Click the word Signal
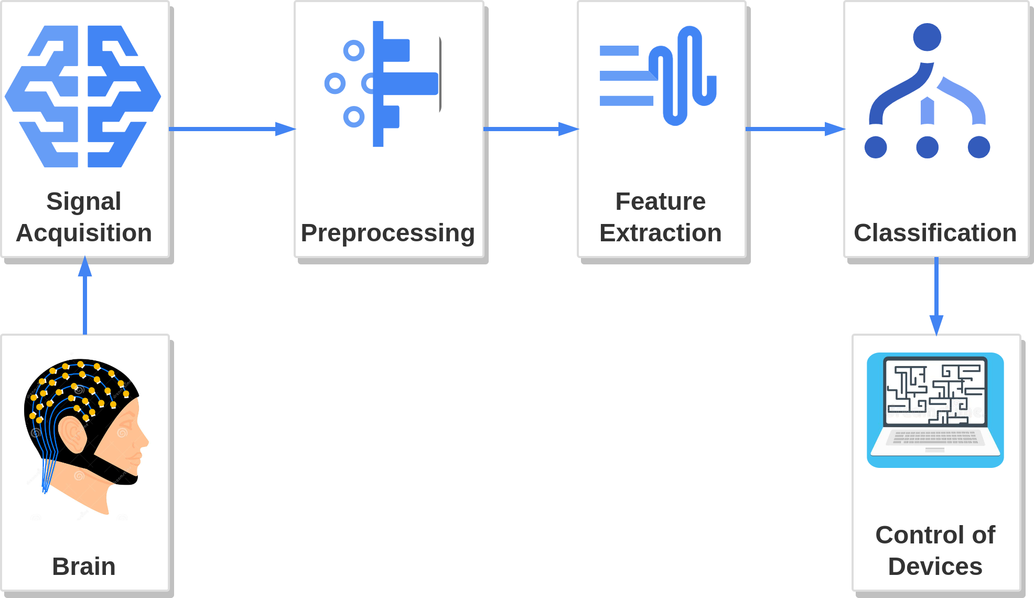[84, 202]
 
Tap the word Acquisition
[84, 233]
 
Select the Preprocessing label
[388, 233]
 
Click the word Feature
[661, 201]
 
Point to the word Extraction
[661, 233]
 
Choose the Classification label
[935, 233]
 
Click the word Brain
[84, 567]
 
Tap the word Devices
[935, 567]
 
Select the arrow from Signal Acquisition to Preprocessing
[232, 129]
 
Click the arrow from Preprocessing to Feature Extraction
[531, 129]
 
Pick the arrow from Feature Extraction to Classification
[795, 129]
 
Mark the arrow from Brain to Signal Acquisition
[85, 295]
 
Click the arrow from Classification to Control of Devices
[936, 296]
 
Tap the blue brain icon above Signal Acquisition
[83, 97]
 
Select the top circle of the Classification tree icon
[927, 37]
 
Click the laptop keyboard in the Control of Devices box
[935, 438]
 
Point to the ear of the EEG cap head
[72, 434]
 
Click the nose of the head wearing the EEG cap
[144, 441]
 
